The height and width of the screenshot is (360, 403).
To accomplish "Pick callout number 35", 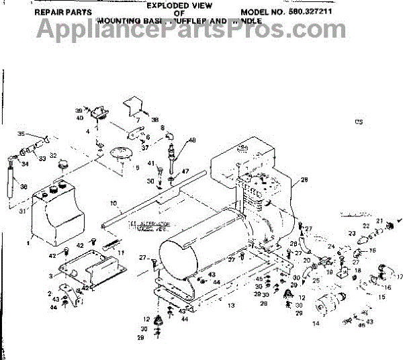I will (x=20, y=134).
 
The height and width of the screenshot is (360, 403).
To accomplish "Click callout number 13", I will (x=230, y=306).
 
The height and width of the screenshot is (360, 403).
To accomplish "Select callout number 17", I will (x=398, y=275).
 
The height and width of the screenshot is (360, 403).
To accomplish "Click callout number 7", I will (x=138, y=121).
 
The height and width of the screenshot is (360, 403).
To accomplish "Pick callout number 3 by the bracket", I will (x=51, y=276).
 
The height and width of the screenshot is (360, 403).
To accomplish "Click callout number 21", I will (x=379, y=220).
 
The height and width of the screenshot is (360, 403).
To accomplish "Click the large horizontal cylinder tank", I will (x=201, y=255).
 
